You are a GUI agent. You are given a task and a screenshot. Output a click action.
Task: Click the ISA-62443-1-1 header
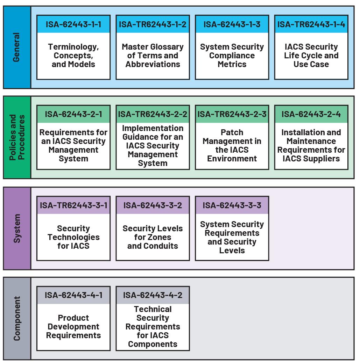[x=73, y=24]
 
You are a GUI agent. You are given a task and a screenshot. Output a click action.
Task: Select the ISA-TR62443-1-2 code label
[x=153, y=24]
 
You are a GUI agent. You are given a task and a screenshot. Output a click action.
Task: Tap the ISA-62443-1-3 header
[x=232, y=24]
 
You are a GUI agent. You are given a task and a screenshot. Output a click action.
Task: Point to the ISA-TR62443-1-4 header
[x=311, y=24]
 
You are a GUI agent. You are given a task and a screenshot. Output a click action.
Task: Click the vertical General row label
[x=16, y=47]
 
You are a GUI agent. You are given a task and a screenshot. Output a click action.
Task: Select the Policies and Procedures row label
[x=17, y=137]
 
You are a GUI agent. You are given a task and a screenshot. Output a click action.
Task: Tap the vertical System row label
[x=17, y=228]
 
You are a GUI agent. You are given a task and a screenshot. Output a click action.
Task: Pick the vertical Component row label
[x=17, y=319]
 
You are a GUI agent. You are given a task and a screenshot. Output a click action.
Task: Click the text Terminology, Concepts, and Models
[x=73, y=56]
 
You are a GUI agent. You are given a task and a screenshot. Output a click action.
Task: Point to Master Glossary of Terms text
[x=153, y=51]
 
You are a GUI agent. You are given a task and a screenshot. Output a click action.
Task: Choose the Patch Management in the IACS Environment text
[x=232, y=145]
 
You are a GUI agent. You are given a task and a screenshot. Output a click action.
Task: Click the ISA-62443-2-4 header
[x=311, y=114]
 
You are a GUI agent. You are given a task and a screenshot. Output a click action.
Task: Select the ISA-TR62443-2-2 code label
[x=153, y=114]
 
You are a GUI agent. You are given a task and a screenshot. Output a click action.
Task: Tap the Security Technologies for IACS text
[x=73, y=237]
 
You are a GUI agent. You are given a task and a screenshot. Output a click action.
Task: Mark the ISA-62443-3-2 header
[x=153, y=205]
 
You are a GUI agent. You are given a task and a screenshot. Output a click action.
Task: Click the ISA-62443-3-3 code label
[x=232, y=205]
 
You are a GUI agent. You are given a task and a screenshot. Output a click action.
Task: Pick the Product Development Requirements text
[x=73, y=327]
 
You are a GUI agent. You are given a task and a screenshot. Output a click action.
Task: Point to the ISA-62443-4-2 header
[x=153, y=295]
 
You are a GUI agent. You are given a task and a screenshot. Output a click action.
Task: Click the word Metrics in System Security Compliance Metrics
[x=232, y=64]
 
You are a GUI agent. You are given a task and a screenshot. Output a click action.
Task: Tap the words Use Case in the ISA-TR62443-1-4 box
[x=311, y=64]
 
